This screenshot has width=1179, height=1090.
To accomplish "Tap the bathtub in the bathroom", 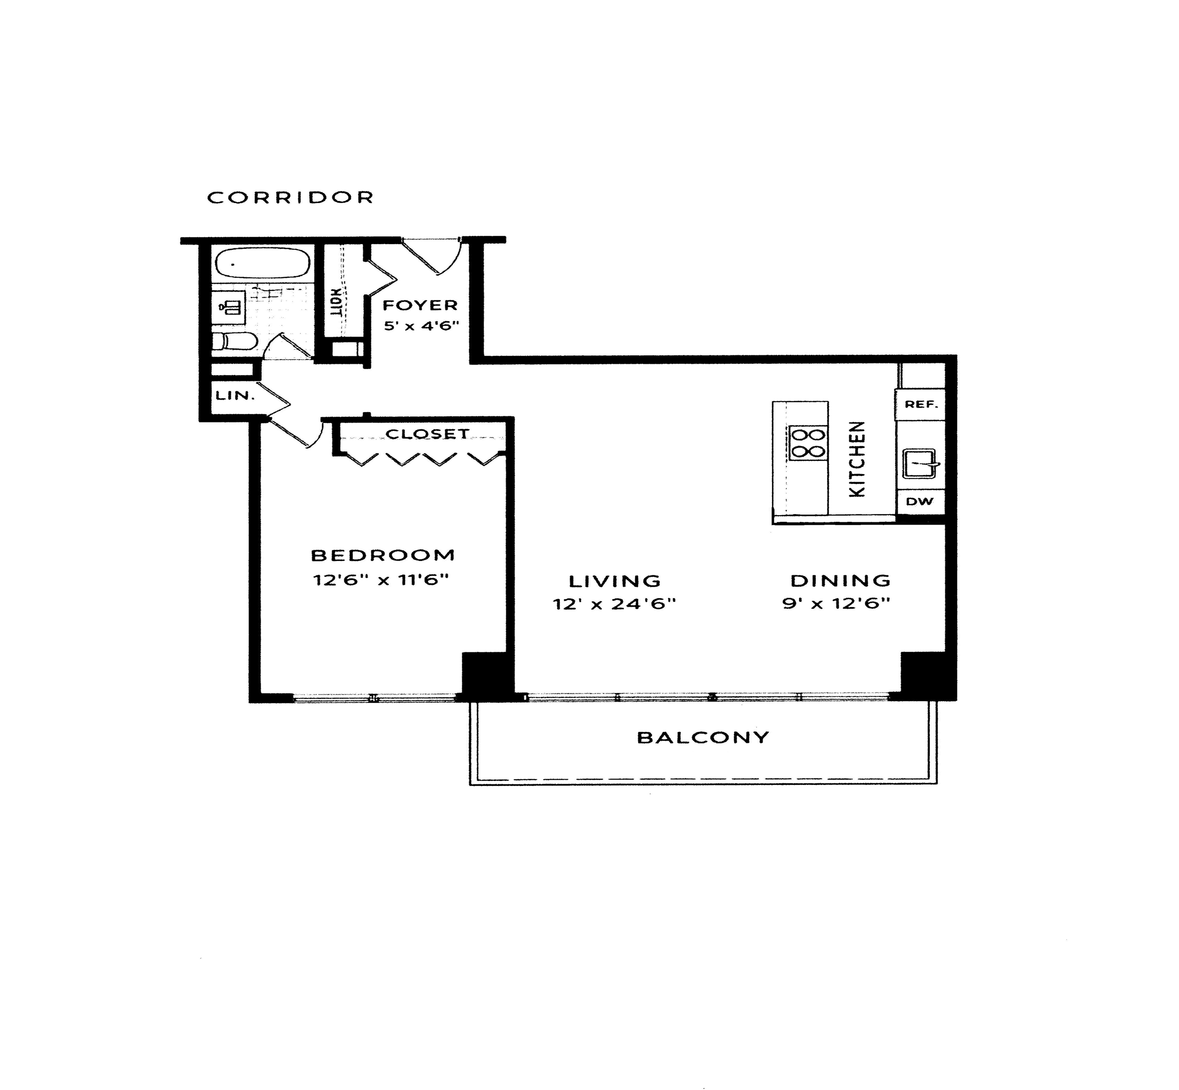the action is point(262,263).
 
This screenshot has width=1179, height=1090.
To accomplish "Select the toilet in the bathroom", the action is point(234,342).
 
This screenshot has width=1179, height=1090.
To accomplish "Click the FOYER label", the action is point(420,305).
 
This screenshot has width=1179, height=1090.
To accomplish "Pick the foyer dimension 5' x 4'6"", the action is point(421,325).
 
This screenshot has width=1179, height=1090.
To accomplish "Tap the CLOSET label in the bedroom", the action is point(427,434).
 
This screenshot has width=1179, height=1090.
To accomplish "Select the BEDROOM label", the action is point(383,555).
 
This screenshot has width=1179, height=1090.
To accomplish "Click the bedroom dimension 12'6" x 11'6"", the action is point(381,580).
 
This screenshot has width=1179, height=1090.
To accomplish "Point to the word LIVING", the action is point(615,581).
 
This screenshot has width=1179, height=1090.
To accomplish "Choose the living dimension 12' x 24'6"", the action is point(614,604).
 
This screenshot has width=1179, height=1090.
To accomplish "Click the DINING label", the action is point(840,580).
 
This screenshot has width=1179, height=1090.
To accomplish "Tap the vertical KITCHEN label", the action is point(856,459).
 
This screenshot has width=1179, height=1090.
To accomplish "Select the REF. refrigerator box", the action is point(921,404).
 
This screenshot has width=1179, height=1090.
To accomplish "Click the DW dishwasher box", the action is point(920,501).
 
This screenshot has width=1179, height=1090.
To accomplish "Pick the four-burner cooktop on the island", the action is point(808,444).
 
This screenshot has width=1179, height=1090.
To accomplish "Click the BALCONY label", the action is point(703,737).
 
